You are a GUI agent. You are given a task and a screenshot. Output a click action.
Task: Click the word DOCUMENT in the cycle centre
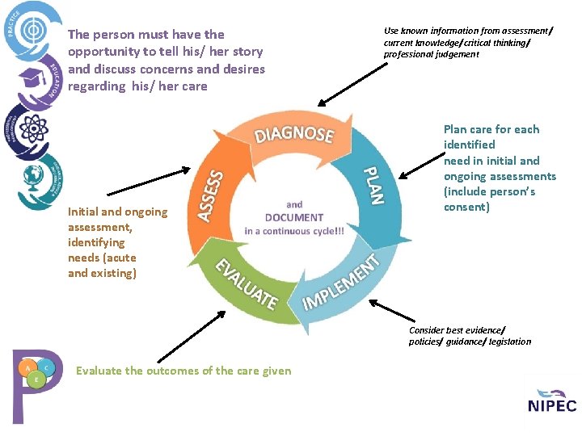pyautogui.click(x=294, y=217)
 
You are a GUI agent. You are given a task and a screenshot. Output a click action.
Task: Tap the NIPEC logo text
pyautogui.click(x=552, y=405)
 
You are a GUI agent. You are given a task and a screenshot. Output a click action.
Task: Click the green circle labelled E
pyautogui.click(x=36, y=378)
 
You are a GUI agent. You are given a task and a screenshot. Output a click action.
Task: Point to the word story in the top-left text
pyautogui.click(x=247, y=52)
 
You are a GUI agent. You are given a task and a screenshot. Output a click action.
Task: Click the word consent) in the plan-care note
pyautogui.click(x=466, y=207)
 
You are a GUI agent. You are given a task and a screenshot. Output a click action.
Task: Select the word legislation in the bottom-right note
pyautogui.click(x=505, y=342)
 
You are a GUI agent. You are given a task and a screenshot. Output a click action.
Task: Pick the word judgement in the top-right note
pyautogui.click(x=456, y=54)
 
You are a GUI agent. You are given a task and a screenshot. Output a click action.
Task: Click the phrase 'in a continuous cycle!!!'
pyautogui.click(x=294, y=231)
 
